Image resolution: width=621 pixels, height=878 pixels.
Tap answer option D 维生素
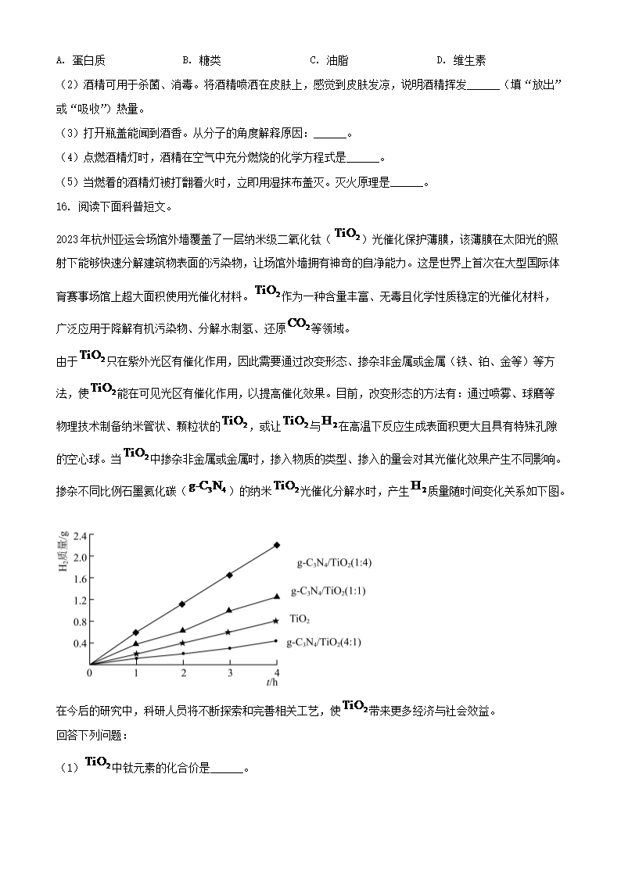[x=461, y=60]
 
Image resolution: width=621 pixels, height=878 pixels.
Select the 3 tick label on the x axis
[x=230, y=673]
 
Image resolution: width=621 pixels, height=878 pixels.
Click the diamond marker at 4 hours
[x=277, y=545]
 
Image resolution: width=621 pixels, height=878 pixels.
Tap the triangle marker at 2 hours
[x=182, y=630]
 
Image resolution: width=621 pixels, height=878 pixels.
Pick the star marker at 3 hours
[x=229, y=632]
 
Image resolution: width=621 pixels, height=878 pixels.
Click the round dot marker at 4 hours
[x=277, y=641]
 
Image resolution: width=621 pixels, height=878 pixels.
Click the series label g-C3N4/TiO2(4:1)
[x=325, y=642]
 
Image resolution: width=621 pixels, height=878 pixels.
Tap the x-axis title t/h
[x=271, y=683]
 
